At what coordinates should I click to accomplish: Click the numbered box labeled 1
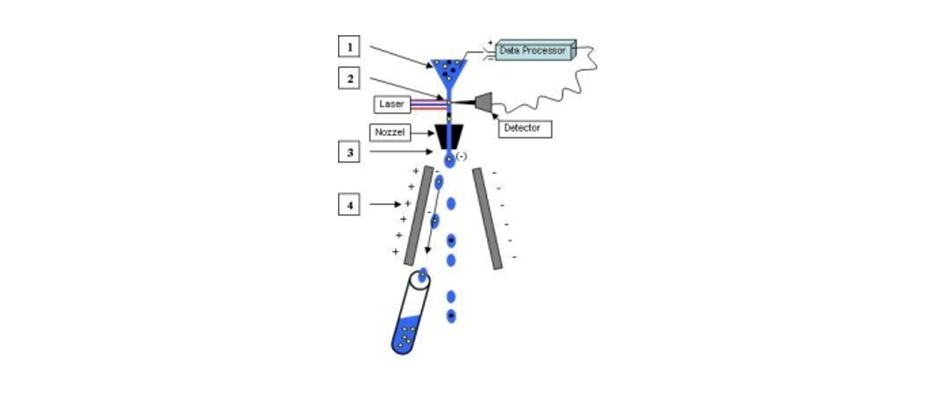349,46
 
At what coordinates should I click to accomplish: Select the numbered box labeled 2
349,78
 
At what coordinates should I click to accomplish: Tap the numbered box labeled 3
349,152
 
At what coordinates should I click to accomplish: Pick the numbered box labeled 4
349,205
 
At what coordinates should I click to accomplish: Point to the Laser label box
392,104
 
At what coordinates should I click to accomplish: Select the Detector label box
525,129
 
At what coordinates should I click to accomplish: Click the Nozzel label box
390,132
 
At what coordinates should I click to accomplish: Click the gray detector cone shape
484,102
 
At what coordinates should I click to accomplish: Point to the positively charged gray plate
419,216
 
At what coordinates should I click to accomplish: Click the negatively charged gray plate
487,219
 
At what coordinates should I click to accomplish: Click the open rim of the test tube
419,281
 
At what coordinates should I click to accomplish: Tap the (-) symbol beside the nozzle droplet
462,156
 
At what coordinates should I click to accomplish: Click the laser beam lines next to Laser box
428,104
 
